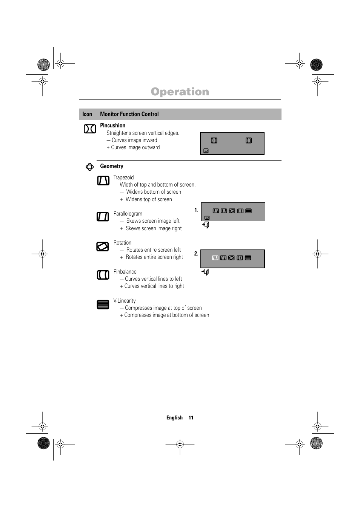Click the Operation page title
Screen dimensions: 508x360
click(x=180, y=92)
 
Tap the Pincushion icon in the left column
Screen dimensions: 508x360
click(x=89, y=129)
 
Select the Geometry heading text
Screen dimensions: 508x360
click(x=112, y=166)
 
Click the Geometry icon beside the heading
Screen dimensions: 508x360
click(x=89, y=167)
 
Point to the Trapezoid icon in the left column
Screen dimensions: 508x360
click(x=103, y=181)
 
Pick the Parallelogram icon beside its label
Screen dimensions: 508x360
click(x=103, y=217)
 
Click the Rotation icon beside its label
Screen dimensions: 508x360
click(x=102, y=246)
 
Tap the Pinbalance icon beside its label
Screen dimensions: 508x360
click(x=103, y=275)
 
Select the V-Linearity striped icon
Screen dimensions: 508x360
click(x=103, y=304)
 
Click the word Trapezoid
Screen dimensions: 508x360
click(x=123, y=177)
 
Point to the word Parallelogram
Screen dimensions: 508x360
click(x=128, y=214)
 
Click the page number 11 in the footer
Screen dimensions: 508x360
click(x=191, y=418)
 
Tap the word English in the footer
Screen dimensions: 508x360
click(x=174, y=418)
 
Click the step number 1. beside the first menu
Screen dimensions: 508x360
click(x=196, y=210)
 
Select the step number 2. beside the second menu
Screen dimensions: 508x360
click(x=196, y=254)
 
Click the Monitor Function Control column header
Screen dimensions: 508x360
click(x=129, y=114)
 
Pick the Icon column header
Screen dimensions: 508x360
click(x=87, y=114)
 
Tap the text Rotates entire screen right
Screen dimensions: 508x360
click(x=154, y=257)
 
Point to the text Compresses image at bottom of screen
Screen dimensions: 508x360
click(x=166, y=315)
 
